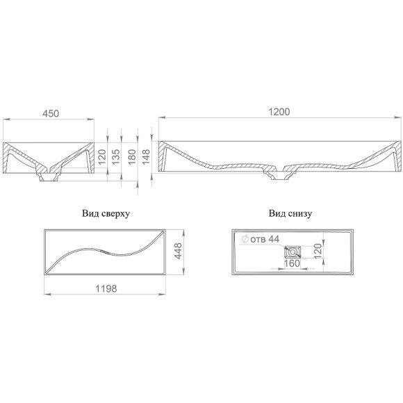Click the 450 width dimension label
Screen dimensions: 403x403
51,113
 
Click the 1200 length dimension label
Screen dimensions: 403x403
279,112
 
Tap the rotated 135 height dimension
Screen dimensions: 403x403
116,157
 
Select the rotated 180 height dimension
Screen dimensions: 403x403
132,157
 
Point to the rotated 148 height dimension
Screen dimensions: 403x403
146,157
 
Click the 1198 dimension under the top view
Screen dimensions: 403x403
106,288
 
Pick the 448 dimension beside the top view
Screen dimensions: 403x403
178,251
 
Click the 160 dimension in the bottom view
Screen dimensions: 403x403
293,263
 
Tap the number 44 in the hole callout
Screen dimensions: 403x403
274,239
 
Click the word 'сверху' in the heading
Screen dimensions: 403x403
115,214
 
